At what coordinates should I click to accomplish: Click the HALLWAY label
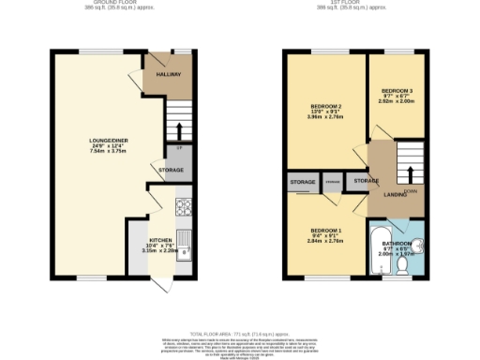169,74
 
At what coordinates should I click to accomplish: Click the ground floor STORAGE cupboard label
170,171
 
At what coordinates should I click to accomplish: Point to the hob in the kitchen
184,207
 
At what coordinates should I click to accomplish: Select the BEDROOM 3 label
397,90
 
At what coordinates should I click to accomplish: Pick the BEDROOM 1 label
326,231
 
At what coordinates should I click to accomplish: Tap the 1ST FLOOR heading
352,4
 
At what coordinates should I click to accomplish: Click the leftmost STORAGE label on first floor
302,181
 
